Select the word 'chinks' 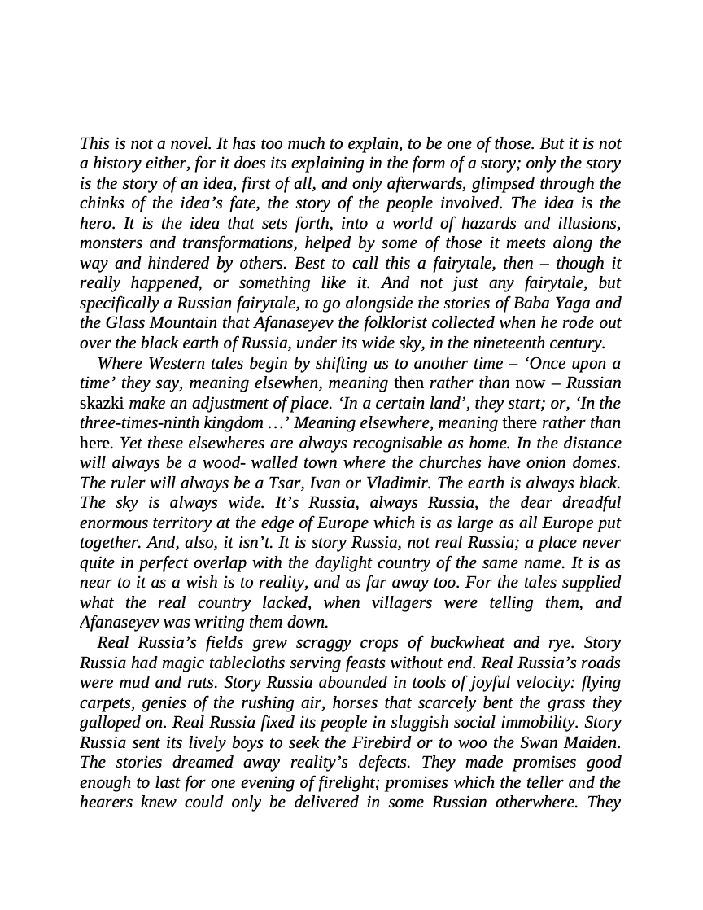(103, 203)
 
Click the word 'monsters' (110, 243)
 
